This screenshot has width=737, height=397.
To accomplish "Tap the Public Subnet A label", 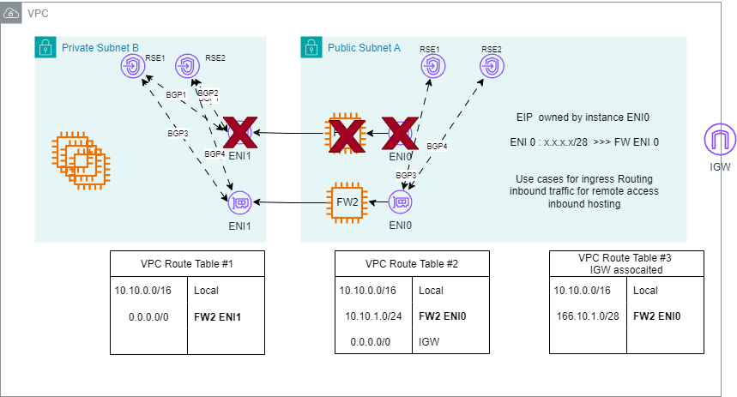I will [364, 48].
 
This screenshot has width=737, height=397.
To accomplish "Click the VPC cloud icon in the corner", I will [12, 13].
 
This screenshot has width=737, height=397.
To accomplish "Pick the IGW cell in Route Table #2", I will [429, 342].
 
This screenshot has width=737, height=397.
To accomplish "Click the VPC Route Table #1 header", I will [188, 264].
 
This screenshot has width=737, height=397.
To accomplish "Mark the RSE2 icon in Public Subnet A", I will [492, 67].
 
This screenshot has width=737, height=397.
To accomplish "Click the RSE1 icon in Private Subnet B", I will [133, 67].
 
